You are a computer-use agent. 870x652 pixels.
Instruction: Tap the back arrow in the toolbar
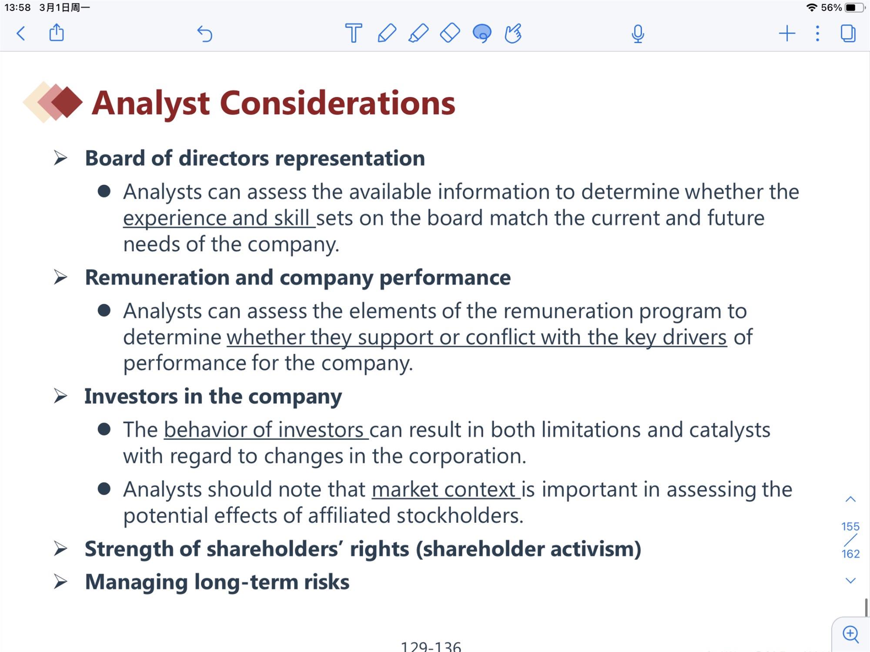(x=20, y=33)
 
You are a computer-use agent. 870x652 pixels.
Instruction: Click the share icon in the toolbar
(x=57, y=33)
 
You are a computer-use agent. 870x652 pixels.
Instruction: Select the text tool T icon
(x=353, y=33)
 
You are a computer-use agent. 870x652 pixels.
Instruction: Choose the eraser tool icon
(x=450, y=33)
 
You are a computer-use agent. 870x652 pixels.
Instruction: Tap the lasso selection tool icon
(x=482, y=33)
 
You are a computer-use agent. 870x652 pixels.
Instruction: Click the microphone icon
(x=638, y=34)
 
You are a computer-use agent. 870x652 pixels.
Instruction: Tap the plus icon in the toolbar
(x=787, y=33)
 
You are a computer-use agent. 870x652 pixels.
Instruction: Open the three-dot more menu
(x=818, y=33)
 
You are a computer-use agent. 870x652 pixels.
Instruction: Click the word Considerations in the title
(x=338, y=103)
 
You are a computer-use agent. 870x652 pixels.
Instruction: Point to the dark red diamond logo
(x=67, y=102)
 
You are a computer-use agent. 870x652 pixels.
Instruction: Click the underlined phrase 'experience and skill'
(x=216, y=218)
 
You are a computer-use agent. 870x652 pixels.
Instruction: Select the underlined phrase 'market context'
(x=443, y=489)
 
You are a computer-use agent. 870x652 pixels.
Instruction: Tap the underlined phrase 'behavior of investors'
(x=264, y=430)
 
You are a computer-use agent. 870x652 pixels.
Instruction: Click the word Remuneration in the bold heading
(x=157, y=277)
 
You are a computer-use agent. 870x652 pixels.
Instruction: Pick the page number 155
(x=850, y=527)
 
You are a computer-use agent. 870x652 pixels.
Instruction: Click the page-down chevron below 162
(x=850, y=581)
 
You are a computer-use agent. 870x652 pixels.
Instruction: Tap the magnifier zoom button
(x=851, y=634)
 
